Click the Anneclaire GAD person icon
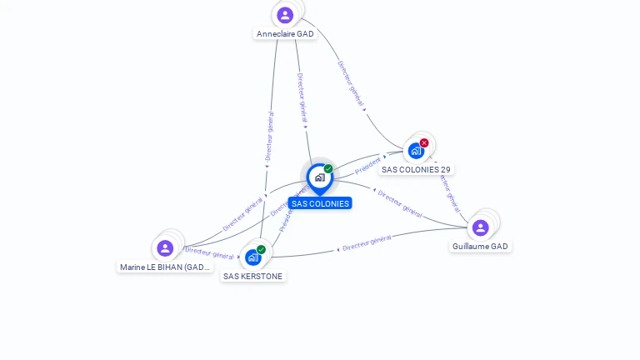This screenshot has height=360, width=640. pyautogui.click(x=285, y=15)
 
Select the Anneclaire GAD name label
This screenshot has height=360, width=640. pyautogui.click(x=285, y=34)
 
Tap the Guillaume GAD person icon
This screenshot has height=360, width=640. pyautogui.click(x=480, y=227)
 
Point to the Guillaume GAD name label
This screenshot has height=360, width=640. pyautogui.click(x=480, y=247)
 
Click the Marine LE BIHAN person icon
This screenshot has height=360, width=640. pyautogui.click(x=165, y=248)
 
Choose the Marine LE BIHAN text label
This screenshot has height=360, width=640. pyautogui.click(x=165, y=267)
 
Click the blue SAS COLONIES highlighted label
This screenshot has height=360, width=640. pyautogui.click(x=320, y=203)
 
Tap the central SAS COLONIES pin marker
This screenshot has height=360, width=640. pyautogui.click(x=319, y=177)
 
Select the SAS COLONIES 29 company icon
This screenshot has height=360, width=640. pyautogui.click(x=415, y=151)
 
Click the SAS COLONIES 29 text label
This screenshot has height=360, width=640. pyautogui.click(x=416, y=169)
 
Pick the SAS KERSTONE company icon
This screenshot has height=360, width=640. pyautogui.click(x=252, y=257)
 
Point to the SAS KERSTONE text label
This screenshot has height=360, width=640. pyautogui.click(x=252, y=276)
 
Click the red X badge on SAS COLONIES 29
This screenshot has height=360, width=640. pyautogui.click(x=424, y=142)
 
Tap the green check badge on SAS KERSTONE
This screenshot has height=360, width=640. pyautogui.click(x=261, y=249)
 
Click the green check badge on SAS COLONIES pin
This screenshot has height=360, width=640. pyautogui.click(x=328, y=168)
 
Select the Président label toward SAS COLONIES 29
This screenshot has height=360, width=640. pyautogui.click(x=367, y=160)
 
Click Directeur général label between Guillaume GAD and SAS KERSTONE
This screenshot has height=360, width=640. pyautogui.click(x=367, y=242)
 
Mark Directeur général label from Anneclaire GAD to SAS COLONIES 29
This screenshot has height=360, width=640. pyautogui.click(x=350, y=82)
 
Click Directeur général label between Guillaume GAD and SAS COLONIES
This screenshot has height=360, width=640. pyautogui.click(x=400, y=203)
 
